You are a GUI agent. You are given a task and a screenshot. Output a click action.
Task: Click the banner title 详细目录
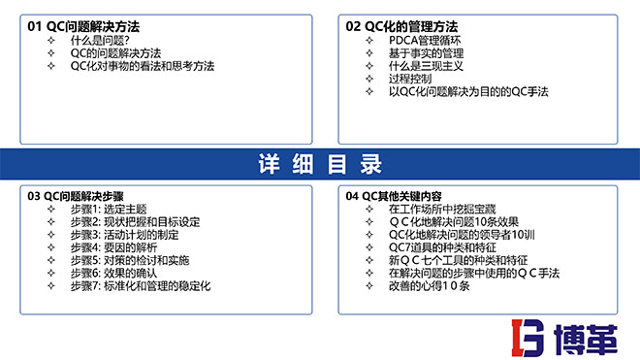(x=320, y=164)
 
